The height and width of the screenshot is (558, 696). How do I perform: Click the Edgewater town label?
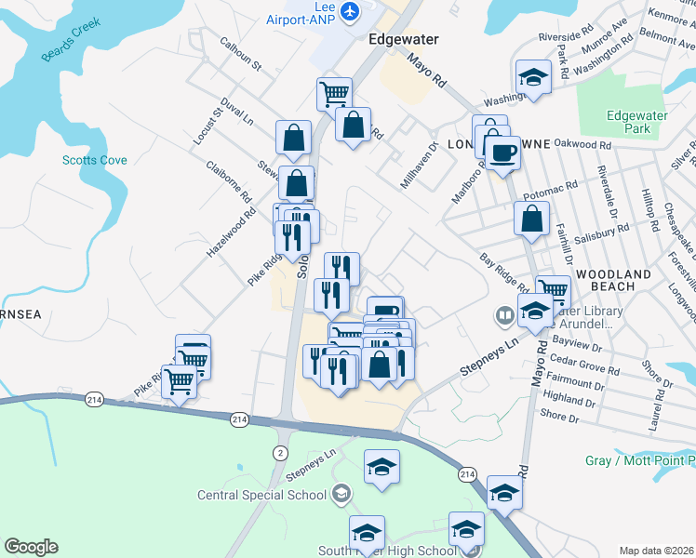[403, 39]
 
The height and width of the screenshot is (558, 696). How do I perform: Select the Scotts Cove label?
[94, 160]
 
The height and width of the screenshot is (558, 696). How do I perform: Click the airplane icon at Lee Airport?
[350, 11]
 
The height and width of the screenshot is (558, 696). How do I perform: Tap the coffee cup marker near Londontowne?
[502, 153]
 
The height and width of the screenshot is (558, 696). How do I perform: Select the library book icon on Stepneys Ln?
[505, 315]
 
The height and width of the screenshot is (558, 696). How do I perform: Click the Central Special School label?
[262, 494]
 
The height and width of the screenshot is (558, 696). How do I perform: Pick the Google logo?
[31, 547]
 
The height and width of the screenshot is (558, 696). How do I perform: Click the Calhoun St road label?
[241, 56]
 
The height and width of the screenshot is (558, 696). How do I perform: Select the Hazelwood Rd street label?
[231, 233]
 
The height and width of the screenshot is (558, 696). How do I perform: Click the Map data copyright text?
[656, 551]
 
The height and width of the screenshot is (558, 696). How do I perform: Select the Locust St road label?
[218, 124]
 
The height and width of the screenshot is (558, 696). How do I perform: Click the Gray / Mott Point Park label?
[640, 460]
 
